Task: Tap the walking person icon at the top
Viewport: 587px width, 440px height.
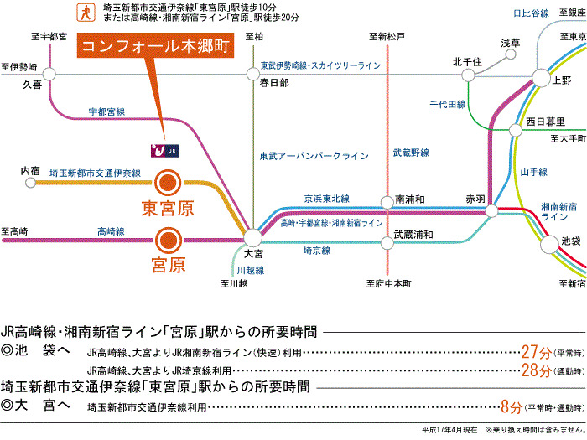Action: click(84, 12)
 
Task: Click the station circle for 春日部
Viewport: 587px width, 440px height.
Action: click(254, 74)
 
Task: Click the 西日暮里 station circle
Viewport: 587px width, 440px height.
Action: click(516, 130)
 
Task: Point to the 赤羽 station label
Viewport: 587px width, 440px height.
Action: click(475, 199)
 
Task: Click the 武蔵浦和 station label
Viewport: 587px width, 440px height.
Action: click(413, 234)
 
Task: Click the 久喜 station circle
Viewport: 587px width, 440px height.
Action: click(49, 74)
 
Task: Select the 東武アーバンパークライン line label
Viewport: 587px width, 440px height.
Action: click(314, 156)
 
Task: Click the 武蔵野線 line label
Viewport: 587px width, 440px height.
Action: click(410, 152)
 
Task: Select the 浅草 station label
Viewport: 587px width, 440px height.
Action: click(510, 43)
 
